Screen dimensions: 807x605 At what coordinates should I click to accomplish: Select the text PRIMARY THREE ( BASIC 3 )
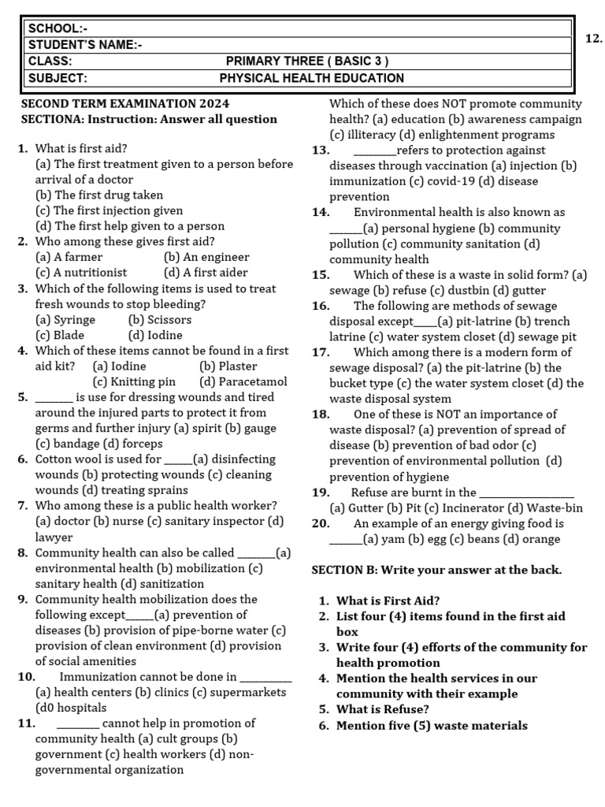(306, 61)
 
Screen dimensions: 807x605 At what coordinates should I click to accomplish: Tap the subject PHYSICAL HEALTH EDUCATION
(311, 78)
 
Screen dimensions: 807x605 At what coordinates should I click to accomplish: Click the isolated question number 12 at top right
(594, 39)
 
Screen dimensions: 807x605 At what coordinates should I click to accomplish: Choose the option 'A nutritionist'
(78, 273)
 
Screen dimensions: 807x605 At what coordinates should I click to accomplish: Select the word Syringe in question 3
(75, 320)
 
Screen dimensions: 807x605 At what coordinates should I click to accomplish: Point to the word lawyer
(54, 537)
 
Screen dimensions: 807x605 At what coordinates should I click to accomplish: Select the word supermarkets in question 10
(244, 692)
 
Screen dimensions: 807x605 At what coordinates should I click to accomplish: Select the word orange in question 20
(540, 539)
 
